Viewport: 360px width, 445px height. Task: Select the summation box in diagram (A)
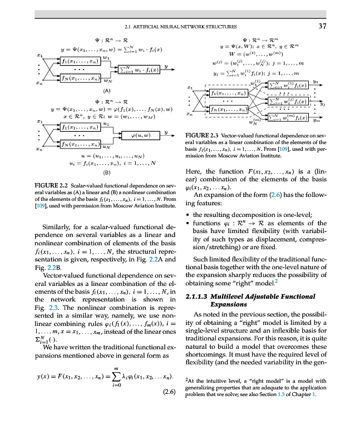tap(138, 69)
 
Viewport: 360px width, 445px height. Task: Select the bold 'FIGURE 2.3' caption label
tap(200, 135)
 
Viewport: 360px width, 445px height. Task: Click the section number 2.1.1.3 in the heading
tap(196, 294)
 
